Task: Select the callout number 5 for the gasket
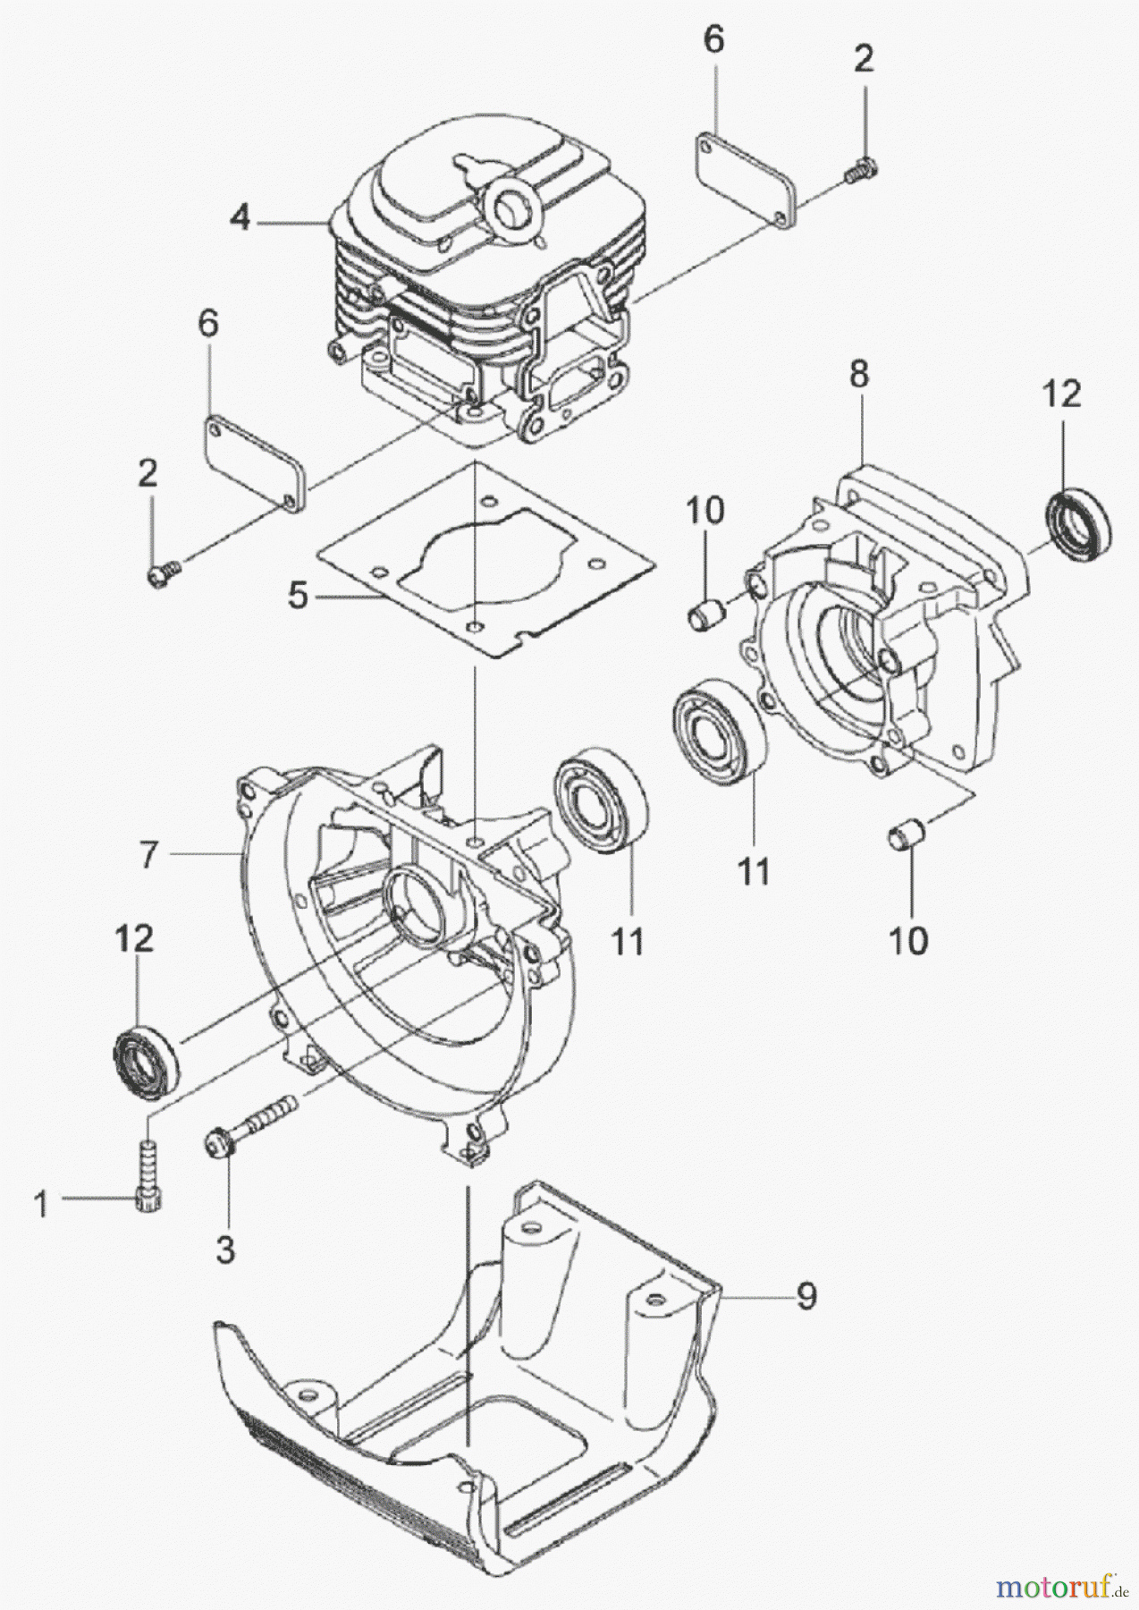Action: (299, 595)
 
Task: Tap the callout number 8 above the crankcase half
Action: (858, 374)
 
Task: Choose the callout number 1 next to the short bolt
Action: (41, 1207)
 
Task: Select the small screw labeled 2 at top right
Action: (862, 165)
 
